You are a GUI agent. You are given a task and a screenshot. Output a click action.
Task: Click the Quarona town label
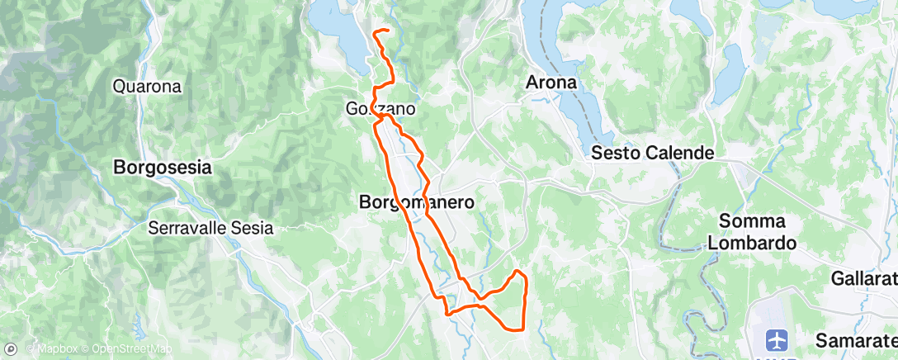pos(147,86)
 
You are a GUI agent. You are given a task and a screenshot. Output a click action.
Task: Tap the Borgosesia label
pos(162,168)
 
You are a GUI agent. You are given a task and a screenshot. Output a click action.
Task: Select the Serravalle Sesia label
pos(210,228)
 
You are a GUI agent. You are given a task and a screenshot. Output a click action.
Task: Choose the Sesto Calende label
pos(652,154)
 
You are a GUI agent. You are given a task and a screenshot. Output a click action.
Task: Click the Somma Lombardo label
pos(757,232)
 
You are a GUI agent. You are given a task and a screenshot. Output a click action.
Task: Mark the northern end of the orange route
pos(376,31)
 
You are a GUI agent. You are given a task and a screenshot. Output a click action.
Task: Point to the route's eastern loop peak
pos(518,271)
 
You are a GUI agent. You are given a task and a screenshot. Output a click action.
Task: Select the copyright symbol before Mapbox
pos(30,349)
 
